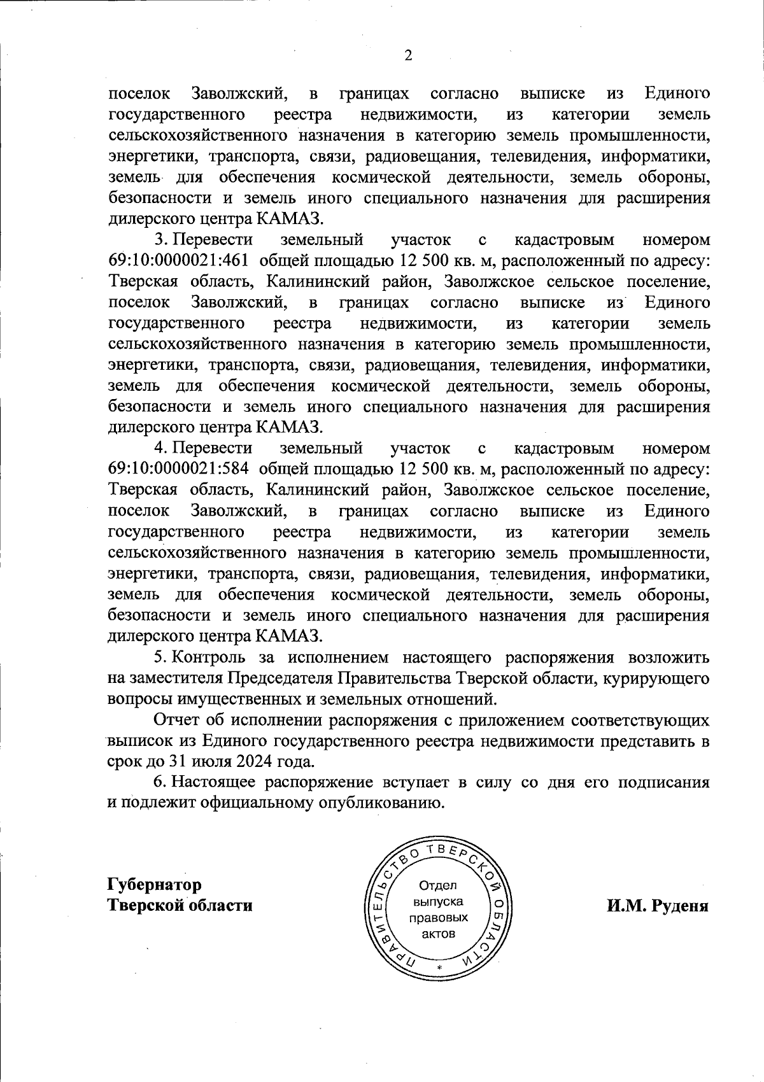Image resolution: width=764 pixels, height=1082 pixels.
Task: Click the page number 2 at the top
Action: [x=408, y=56]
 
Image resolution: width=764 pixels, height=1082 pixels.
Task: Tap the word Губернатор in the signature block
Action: [x=155, y=884]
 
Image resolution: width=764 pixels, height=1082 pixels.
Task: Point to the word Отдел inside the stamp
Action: [x=438, y=885]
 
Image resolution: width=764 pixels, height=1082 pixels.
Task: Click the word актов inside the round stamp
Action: [x=439, y=934]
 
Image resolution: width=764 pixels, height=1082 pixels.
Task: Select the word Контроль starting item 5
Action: [x=211, y=657]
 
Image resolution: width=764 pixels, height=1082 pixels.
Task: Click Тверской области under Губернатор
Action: [x=180, y=905]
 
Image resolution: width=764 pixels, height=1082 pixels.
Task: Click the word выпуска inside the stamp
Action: [x=439, y=902]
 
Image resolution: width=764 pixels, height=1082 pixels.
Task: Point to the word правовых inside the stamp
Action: [x=439, y=918]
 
